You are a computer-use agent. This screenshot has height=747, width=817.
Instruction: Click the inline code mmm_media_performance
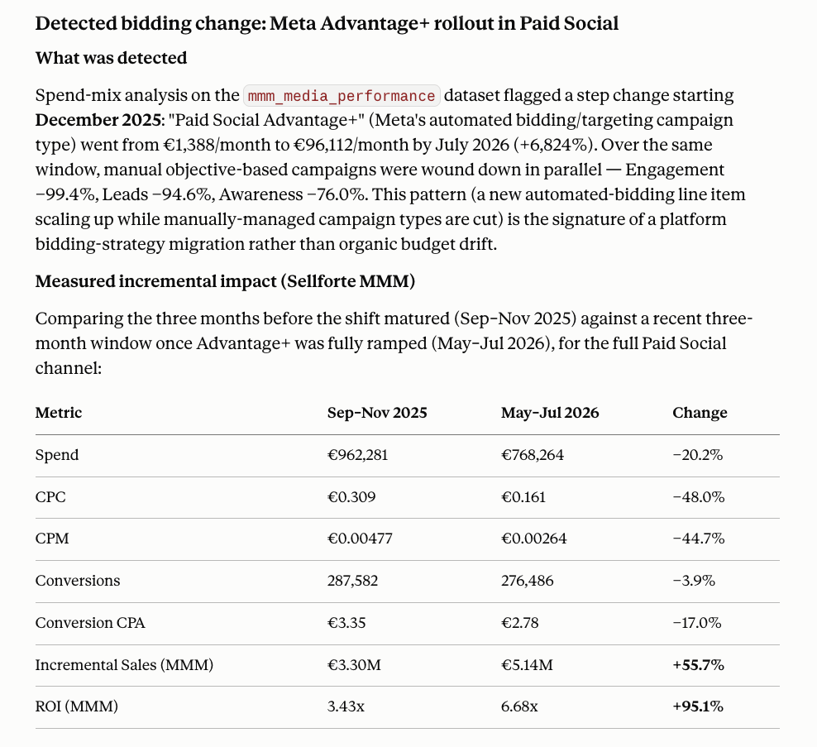(x=342, y=96)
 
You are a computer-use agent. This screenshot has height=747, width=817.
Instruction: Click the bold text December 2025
(x=98, y=121)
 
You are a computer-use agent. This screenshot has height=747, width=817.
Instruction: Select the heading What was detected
(x=111, y=58)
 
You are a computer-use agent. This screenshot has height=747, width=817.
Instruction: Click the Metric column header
(x=59, y=413)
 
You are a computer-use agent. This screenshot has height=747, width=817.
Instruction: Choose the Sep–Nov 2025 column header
(x=377, y=413)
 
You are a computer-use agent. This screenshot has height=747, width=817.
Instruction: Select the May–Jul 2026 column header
(x=550, y=413)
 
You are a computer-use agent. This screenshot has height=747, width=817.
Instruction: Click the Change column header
(x=700, y=413)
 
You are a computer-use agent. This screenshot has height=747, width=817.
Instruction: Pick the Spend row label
(x=57, y=455)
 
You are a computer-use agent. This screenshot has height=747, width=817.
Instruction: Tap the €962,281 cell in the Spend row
(x=357, y=455)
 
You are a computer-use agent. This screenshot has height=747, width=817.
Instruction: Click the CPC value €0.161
(x=523, y=497)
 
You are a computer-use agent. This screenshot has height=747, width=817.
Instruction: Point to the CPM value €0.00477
(x=360, y=539)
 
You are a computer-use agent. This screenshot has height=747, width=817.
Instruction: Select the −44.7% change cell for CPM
(x=698, y=539)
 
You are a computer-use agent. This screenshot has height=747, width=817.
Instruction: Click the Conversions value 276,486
(x=528, y=581)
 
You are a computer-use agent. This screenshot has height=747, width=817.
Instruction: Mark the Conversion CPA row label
(x=90, y=623)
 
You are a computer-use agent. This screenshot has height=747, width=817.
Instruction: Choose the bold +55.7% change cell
(x=698, y=665)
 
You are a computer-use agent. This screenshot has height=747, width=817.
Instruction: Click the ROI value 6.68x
(x=519, y=706)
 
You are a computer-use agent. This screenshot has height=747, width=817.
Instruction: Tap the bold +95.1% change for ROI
(x=698, y=706)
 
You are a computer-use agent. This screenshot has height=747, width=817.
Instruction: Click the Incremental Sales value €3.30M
(x=354, y=665)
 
